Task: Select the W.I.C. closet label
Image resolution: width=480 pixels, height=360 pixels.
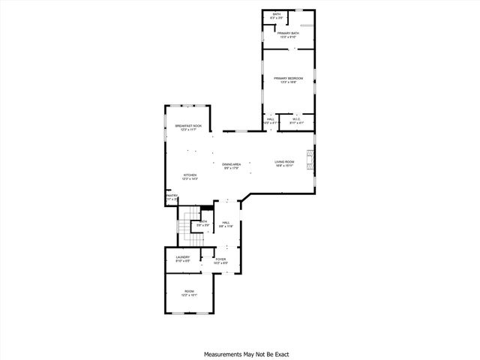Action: tap(296, 119)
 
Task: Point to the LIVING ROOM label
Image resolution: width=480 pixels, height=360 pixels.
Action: tap(283, 162)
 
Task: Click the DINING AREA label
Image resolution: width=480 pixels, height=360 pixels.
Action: tap(231, 164)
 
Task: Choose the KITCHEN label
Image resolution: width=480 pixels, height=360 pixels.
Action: tap(189, 175)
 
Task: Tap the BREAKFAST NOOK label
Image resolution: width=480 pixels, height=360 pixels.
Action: tap(188, 125)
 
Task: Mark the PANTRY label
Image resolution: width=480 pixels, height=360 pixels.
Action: tap(171, 196)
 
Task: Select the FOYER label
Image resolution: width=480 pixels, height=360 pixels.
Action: tap(220, 259)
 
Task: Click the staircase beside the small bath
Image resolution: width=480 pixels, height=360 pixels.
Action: tap(184, 223)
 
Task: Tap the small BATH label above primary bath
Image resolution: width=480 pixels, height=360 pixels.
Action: tap(277, 13)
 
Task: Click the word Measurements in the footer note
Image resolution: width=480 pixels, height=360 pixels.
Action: tap(223, 354)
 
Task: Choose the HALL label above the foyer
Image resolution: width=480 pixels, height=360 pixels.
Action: tap(225, 222)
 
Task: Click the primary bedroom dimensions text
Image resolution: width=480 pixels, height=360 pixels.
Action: tap(289, 82)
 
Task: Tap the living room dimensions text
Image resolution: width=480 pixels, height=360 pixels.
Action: tap(283, 166)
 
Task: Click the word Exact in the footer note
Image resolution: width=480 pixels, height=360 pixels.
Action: tap(281, 354)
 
